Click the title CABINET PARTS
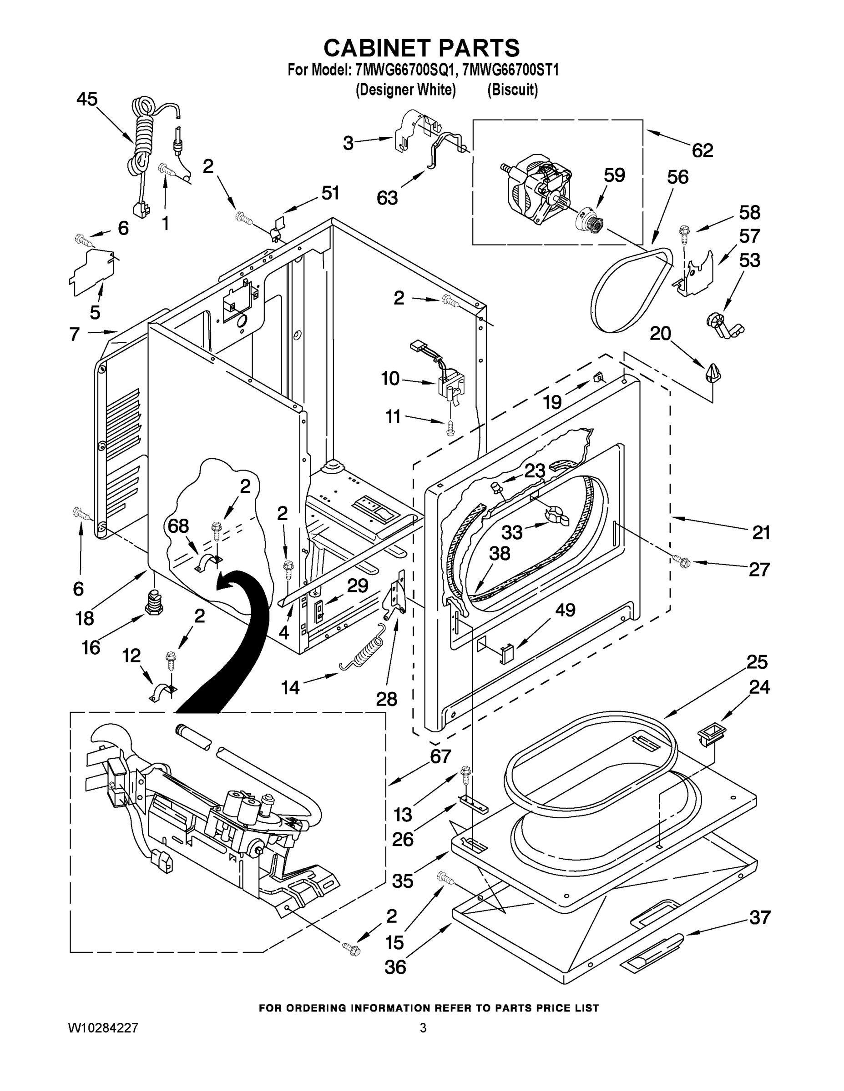[421, 48]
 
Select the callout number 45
[87, 99]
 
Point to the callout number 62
[702, 150]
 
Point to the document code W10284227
[102, 1028]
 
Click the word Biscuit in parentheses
[512, 90]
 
